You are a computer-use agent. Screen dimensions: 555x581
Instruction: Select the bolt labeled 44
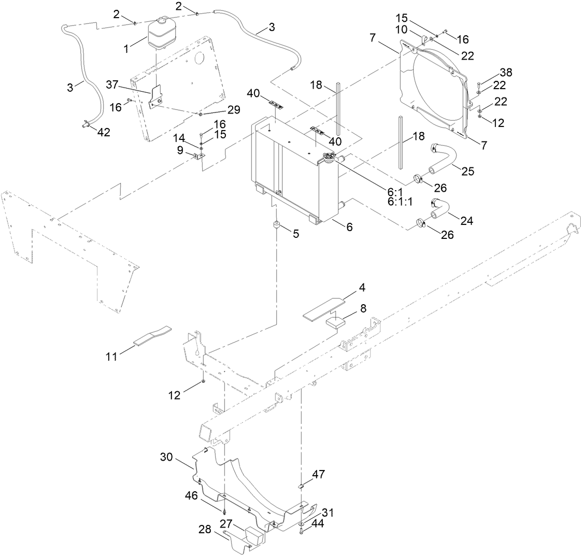pyautogui.click(x=301, y=530)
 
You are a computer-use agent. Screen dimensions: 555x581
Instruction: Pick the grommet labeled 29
pyautogui.click(x=200, y=113)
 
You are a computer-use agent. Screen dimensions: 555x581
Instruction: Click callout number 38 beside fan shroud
pyautogui.click(x=505, y=73)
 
